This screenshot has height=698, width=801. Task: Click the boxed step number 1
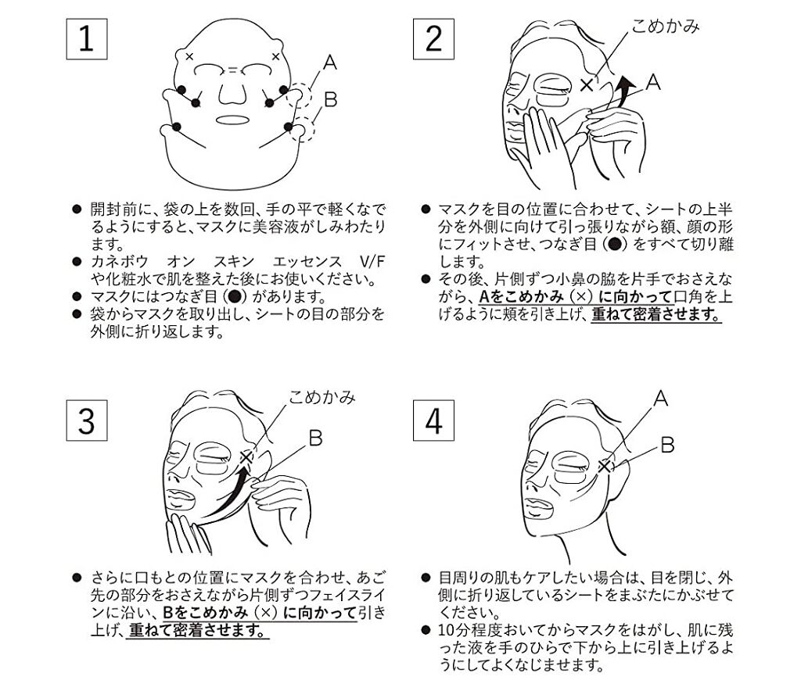click(87, 39)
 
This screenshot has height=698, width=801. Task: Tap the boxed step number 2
click(433, 39)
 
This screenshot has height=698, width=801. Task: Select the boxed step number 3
click(87, 421)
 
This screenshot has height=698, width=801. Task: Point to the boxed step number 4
click(433, 421)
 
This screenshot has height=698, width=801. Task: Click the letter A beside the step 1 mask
click(330, 63)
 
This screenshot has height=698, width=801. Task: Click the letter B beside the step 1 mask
click(331, 99)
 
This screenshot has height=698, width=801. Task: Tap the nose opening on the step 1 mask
click(232, 92)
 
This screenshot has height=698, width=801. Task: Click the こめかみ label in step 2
click(665, 26)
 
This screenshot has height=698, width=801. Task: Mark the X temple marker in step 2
click(587, 84)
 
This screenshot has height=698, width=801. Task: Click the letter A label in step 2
click(653, 82)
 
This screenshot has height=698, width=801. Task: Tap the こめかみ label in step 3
click(321, 397)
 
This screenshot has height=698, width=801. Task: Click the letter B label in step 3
click(316, 438)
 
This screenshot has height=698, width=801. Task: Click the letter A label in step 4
click(660, 398)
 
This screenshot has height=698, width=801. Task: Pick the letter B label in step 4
click(667, 445)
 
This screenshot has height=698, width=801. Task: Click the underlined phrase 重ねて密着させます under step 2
click(656, 314)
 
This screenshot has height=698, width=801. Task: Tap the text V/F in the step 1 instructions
click(373, 262)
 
